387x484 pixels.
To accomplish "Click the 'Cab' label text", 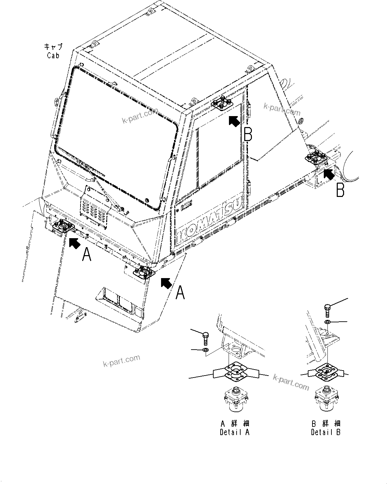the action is (53, 55).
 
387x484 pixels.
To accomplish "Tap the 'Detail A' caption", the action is (235, 432).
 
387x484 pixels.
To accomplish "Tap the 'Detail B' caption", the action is (326, 432).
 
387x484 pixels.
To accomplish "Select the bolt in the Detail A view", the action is (205, 339).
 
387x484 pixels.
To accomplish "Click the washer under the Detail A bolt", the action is (205, 350).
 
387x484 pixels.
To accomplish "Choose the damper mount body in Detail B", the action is (326, 398).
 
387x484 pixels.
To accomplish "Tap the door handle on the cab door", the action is (187, 206).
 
